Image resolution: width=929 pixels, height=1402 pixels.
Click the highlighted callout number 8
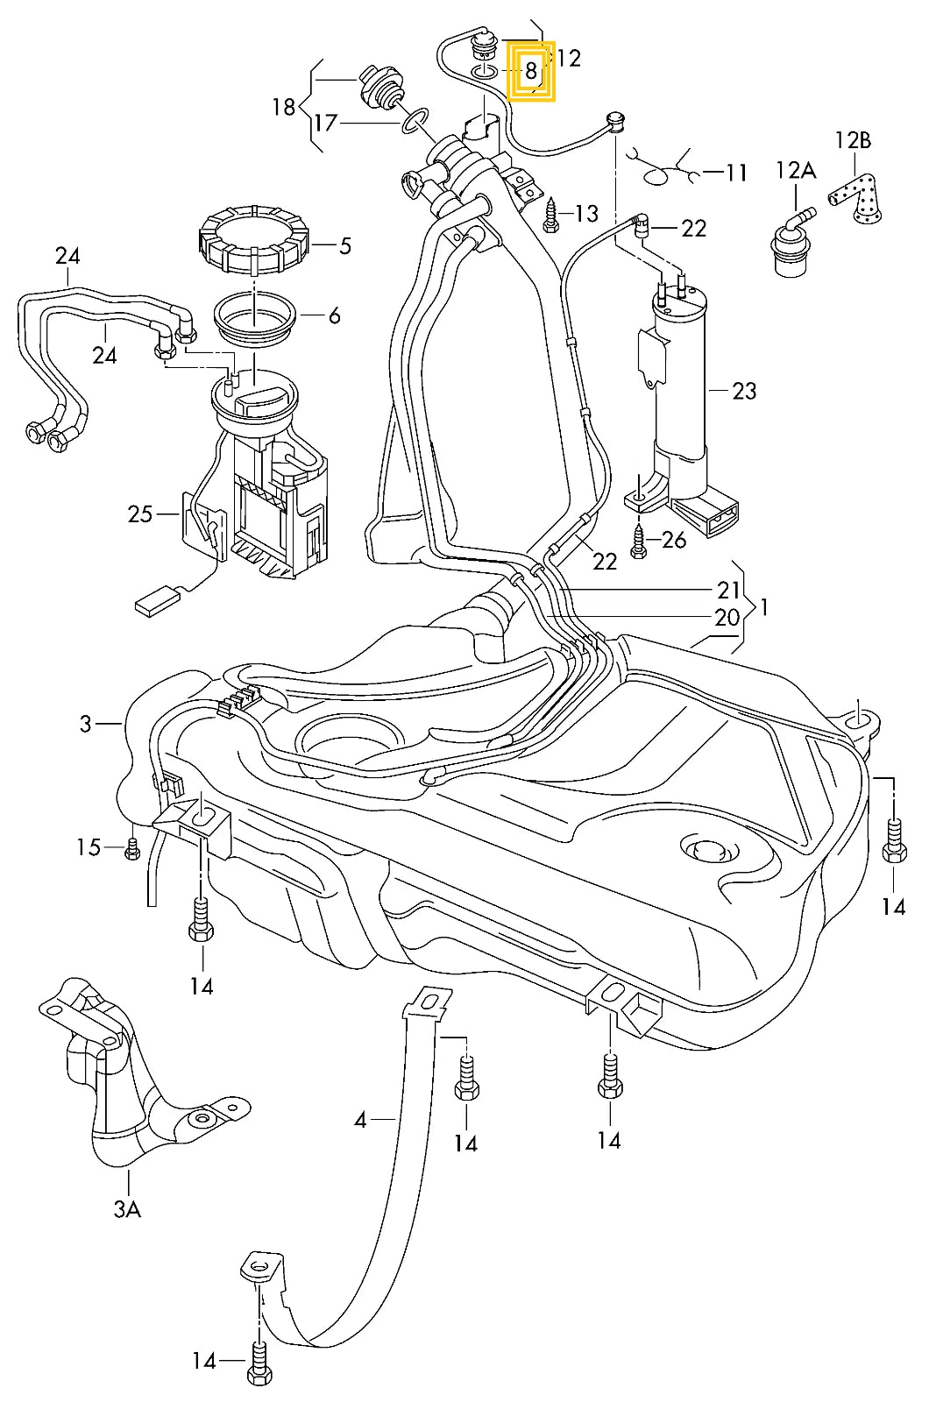coord(531,72)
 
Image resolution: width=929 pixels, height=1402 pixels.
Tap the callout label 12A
coord(795,170)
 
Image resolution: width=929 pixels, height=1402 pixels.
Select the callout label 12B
coord(853,140)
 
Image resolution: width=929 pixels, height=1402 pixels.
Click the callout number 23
coord(744,391)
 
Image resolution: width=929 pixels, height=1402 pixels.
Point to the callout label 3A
coord(127,1209)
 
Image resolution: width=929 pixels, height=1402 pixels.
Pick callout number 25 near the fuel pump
coord(140,514)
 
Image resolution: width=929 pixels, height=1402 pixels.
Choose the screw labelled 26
coord(638,542)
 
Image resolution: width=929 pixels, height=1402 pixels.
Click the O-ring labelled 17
coord(415,122)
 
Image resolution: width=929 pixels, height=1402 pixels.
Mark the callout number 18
coord(284,108)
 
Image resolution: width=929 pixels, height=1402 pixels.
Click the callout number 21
coord(728,591)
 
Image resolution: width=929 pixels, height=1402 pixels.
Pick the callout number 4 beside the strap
coord(360,1120)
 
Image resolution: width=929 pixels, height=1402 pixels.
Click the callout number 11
coord(736,173)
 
